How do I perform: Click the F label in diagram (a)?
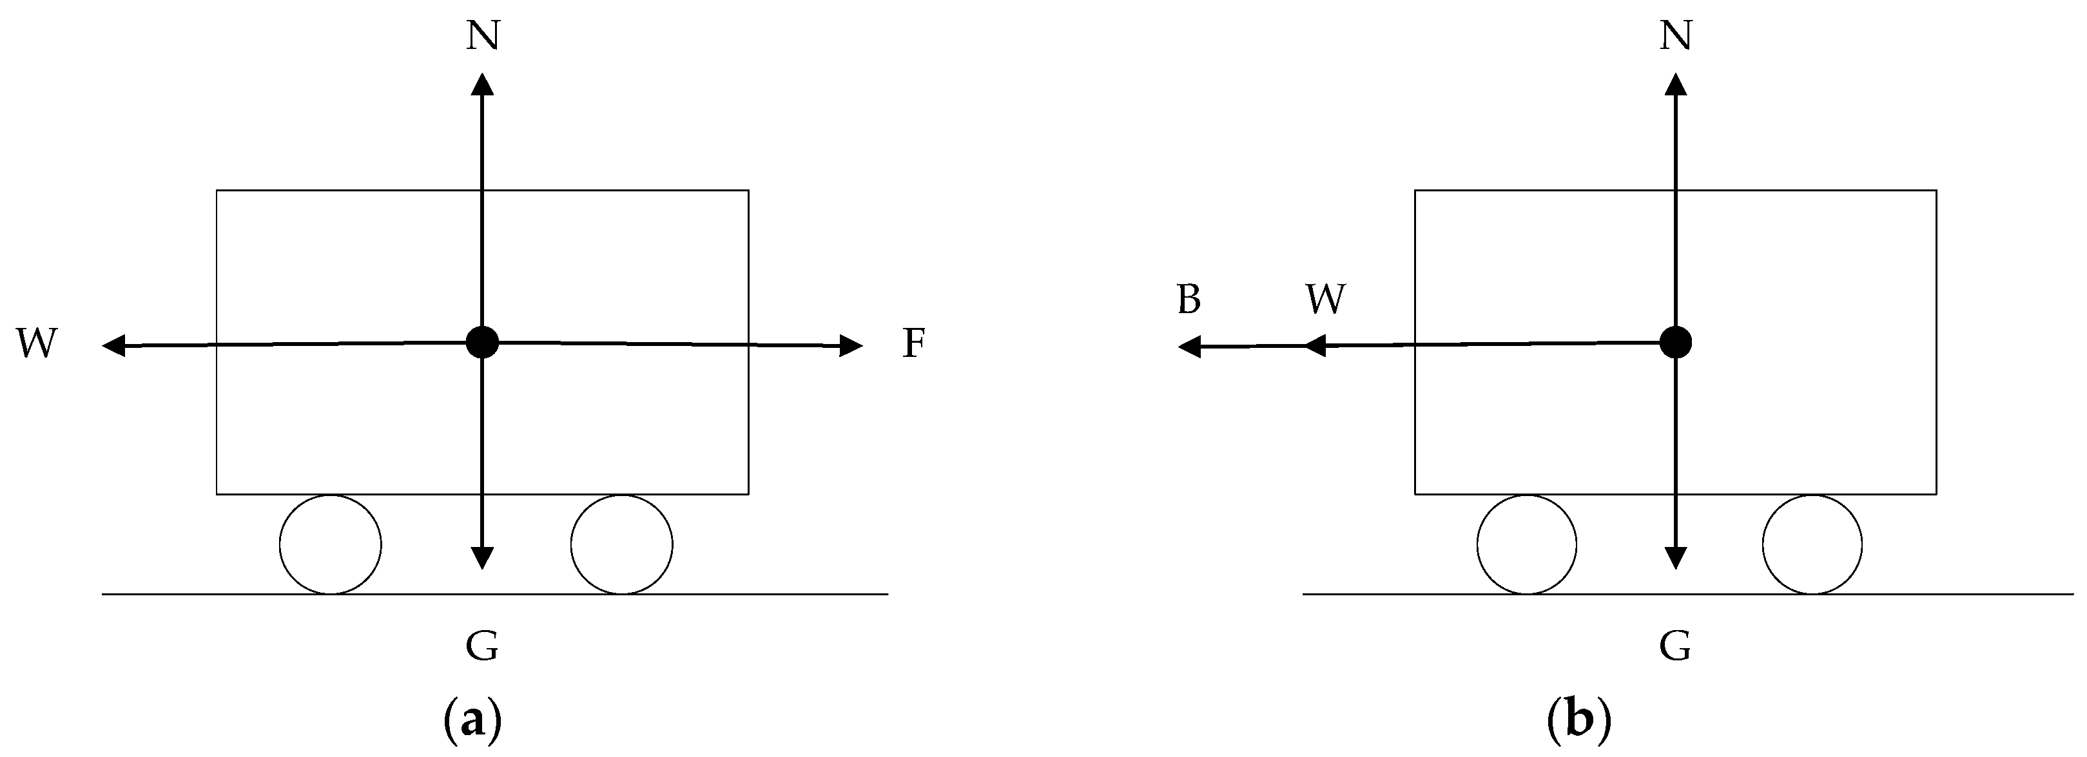point(914,343)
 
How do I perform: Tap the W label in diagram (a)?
point(37,343)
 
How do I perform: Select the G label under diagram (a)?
point(482,647)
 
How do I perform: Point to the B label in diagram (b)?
point(1189,300)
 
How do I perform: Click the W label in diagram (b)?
point(1325,300)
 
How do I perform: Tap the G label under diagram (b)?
point(1675,647)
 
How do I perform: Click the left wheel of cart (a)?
point(331,544)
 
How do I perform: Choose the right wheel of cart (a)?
point(621,544)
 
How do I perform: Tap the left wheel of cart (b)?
point(1527,544)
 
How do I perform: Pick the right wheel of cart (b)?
point(1812,544)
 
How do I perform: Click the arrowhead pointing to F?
point(851,346)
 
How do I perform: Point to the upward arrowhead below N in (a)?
point(482,84)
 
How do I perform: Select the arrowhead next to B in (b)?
point(1189,347)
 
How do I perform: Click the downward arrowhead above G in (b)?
point(1675,558)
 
